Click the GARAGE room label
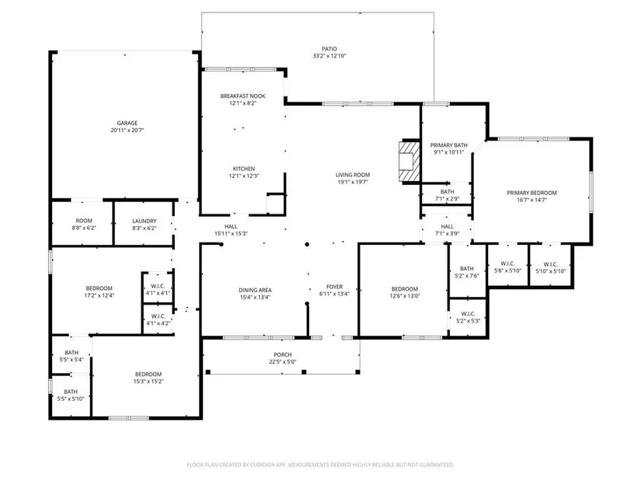[x=127, y=123]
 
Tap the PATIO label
[x=329, y=49]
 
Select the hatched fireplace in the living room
[x=409, y=161]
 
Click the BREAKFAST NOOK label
[x=243, y=96]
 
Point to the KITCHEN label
[x=244, y=169]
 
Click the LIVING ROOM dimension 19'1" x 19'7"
[x=353, y=182]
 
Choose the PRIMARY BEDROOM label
[x=531, y=193]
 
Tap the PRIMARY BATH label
[x=449, y=145]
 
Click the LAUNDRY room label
[x=145, y=221]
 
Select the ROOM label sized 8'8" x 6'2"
[x=84, y=221]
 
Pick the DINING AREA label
[x=255, y=290]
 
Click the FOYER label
[x=334, y=287]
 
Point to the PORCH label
[x=283, y=354]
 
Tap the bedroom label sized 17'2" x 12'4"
[x=99, y=288]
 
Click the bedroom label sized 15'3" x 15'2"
[x=148, y=375]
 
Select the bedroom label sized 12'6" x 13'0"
[x=405, y=289]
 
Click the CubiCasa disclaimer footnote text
[x=320, y=465]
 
